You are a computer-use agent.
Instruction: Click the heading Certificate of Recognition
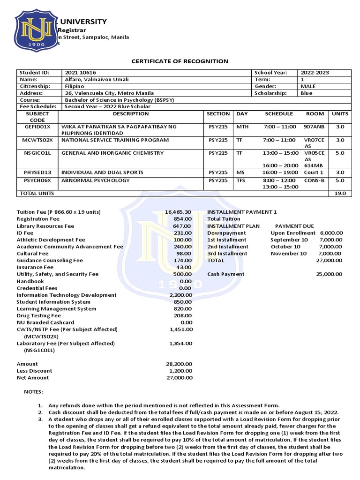(x=180, y=61)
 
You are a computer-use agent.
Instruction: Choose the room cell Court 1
(x=314, y=172)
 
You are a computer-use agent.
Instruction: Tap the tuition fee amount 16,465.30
(x=178, y=212)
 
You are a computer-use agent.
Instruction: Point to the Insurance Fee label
(x=36, y=267)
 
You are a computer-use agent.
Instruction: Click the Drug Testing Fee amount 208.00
(x=182, y=315)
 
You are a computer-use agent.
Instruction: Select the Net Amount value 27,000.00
(x=178, y=377)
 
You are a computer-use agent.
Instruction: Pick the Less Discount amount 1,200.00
(x=180, y=370)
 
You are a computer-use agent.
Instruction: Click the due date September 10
(x=289, y=240)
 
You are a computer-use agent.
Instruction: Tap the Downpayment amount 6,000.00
(x=331, y=232)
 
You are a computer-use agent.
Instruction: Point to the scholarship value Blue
(x=306, y=93)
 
